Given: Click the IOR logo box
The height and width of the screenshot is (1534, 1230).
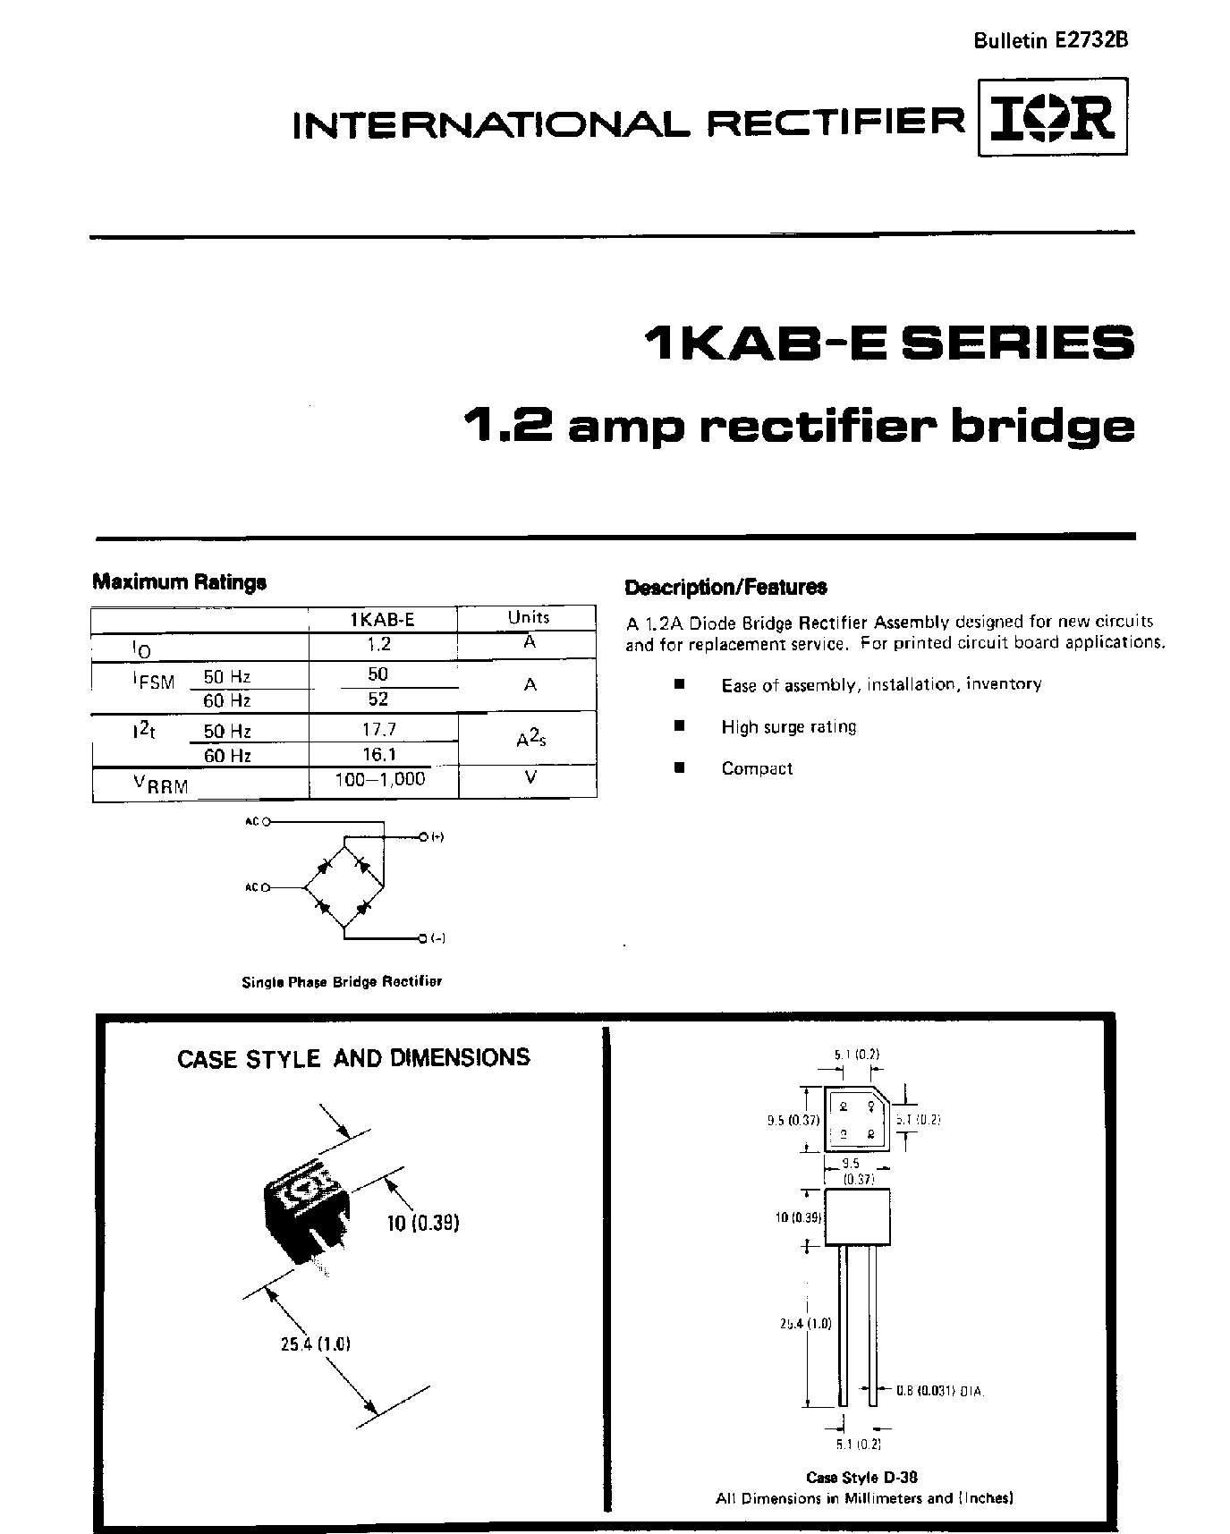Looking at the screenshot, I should (1052, 117).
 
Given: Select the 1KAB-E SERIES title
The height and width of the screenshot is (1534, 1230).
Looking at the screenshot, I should (888, 343).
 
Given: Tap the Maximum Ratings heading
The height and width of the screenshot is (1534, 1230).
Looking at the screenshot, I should (180, 582).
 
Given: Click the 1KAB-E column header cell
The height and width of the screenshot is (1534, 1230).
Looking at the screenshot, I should (382, 619).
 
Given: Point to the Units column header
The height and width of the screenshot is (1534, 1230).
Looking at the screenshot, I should (528, 617).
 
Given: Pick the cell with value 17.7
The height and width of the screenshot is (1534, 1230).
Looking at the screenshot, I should (379, 729).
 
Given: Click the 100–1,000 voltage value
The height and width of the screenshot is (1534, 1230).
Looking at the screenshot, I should (380, 779).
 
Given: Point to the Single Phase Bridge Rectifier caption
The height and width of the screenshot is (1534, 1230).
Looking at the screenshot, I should (342, 981).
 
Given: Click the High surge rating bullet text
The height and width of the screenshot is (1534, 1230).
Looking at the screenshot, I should (788, 726).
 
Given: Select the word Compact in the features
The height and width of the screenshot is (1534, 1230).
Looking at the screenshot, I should (757, 768).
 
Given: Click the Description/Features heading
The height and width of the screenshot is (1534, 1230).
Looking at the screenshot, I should (725, 588).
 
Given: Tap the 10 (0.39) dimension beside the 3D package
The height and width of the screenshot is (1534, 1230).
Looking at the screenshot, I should (423, 1223).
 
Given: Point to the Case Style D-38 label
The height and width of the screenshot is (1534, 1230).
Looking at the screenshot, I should (861, 1477).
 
